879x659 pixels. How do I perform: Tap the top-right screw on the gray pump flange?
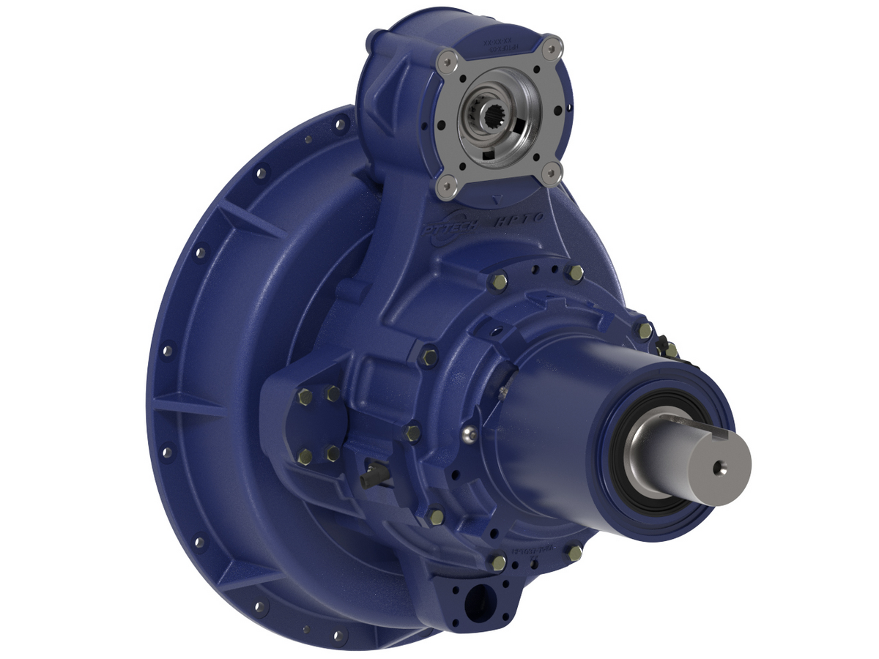coord(554,46)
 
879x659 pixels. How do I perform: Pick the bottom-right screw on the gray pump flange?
coord(555,174)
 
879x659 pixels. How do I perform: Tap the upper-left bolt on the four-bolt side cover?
coord(305,397)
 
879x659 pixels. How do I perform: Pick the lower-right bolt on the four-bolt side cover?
coord(333,454)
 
